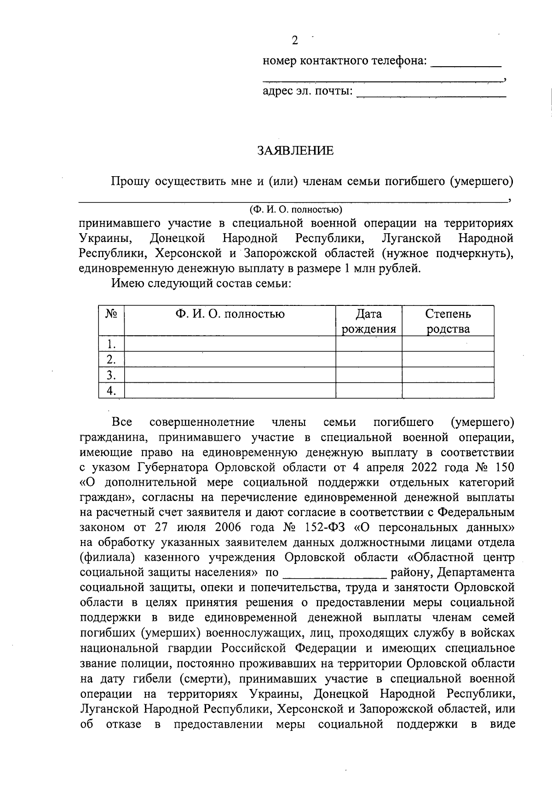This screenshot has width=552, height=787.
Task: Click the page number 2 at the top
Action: [x=295, y=41]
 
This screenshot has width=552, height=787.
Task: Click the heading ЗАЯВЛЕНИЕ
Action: [x=295, y=151]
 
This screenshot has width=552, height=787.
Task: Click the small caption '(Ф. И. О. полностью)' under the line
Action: [x=295, y=210]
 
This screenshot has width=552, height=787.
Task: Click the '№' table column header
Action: [x=111, y=314]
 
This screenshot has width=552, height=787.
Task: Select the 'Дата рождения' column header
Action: [x=368, y=321]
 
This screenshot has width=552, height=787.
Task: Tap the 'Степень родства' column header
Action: [x=448, y=321]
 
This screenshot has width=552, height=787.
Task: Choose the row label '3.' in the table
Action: [x=110, y=375]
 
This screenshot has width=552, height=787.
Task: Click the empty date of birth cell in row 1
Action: [x=368, y=344]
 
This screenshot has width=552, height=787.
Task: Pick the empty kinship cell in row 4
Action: [x=448, y=391]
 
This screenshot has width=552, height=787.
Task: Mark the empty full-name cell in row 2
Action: [x=230, y=359]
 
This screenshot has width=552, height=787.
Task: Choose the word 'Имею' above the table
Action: [x=127, y=283]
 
